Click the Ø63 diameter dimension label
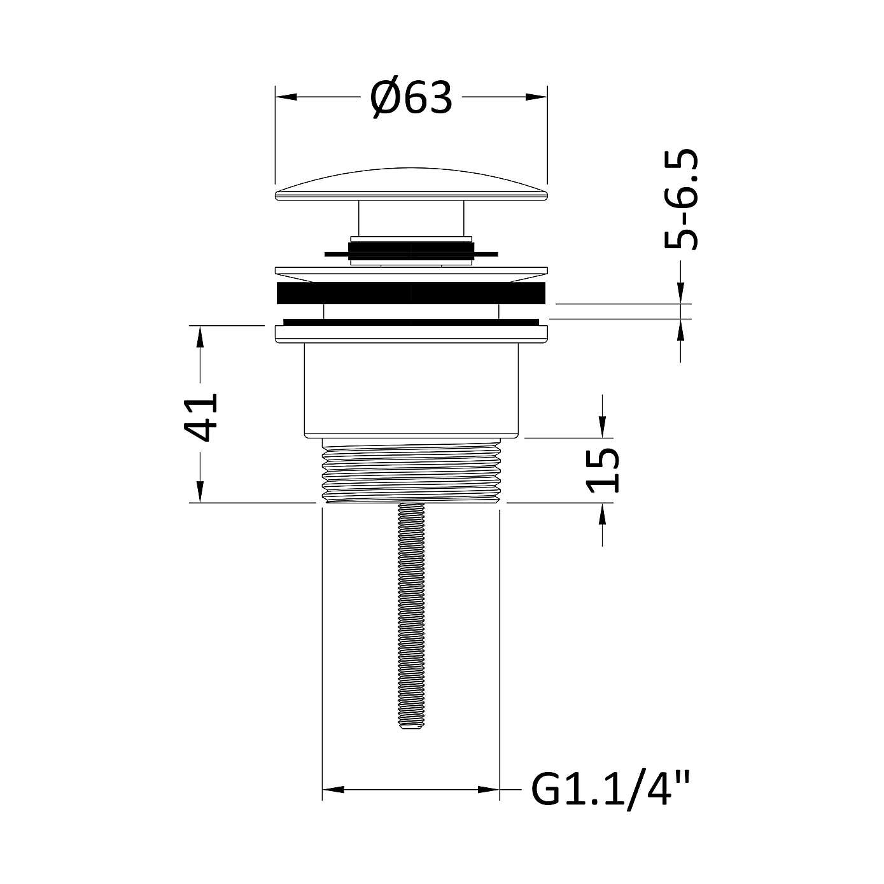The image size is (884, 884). coord(411,98)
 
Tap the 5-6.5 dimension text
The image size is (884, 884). coord(680,199)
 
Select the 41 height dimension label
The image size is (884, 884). coord(200,417)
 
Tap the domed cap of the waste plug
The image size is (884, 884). coord(411,185)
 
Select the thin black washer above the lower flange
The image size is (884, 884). coord(411,321)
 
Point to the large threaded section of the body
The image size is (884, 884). coord(411,471)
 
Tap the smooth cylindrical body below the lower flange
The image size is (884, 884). coord(411,389)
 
